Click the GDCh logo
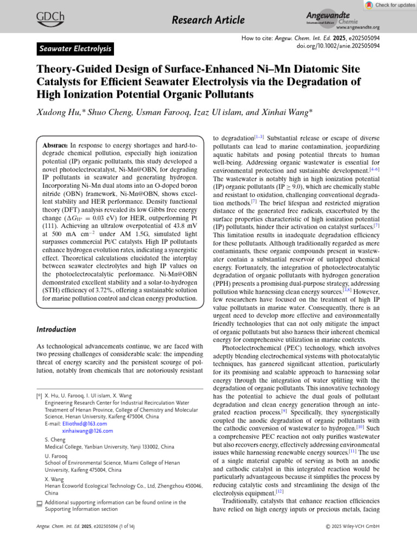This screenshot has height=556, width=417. point(50,18)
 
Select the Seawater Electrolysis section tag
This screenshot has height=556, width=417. point(75,49)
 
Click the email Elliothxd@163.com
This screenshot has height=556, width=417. point(84,424)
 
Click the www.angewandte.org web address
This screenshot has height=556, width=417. point(358,27)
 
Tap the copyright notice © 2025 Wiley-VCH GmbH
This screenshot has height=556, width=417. point(352,526)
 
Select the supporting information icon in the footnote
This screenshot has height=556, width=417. point(39,503)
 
